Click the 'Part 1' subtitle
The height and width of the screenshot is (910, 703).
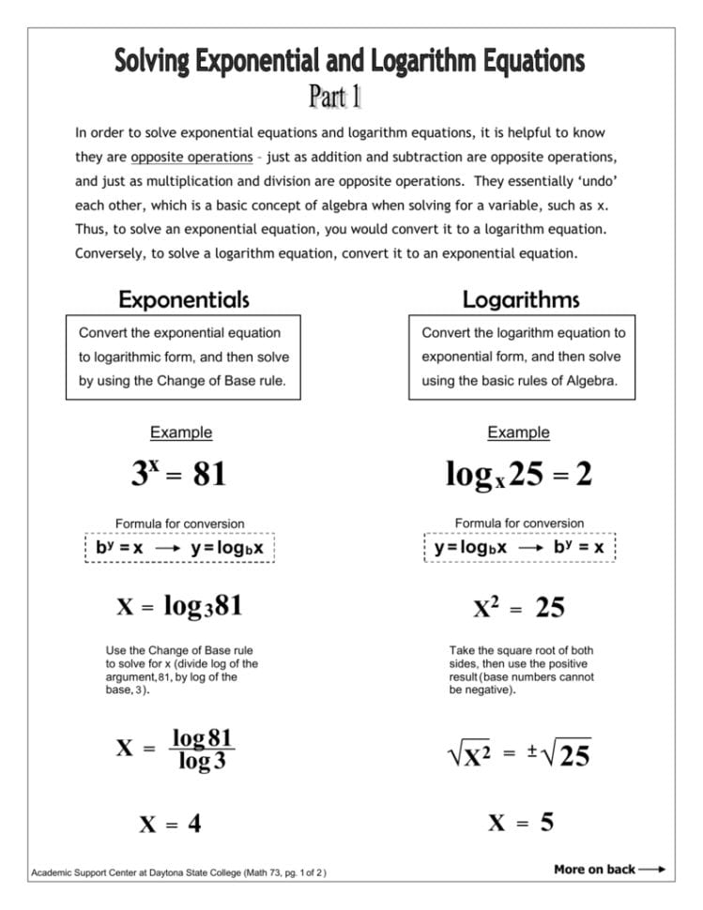[336, 97]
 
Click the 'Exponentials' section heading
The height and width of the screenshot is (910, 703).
[183, 299]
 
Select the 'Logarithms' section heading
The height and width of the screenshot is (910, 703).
[520, 299]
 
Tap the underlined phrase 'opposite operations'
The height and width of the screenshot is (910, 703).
[191, 157]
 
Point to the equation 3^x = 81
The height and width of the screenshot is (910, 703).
[178, 473]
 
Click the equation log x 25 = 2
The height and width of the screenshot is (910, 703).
[518, 475]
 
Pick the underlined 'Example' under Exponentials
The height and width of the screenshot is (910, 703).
[181, 432]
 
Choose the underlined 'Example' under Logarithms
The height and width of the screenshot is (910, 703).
[518, 432]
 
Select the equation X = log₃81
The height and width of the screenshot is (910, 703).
[179, 606]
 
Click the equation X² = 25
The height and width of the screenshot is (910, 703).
[519, 608]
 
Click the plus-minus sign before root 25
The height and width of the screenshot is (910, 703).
[530, 751]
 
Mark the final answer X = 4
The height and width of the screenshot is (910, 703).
[170, 824]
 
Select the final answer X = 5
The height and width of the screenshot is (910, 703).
[520, 823]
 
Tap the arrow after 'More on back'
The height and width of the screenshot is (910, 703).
[652, 869]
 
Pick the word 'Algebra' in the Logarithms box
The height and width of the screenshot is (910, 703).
[592, 382]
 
